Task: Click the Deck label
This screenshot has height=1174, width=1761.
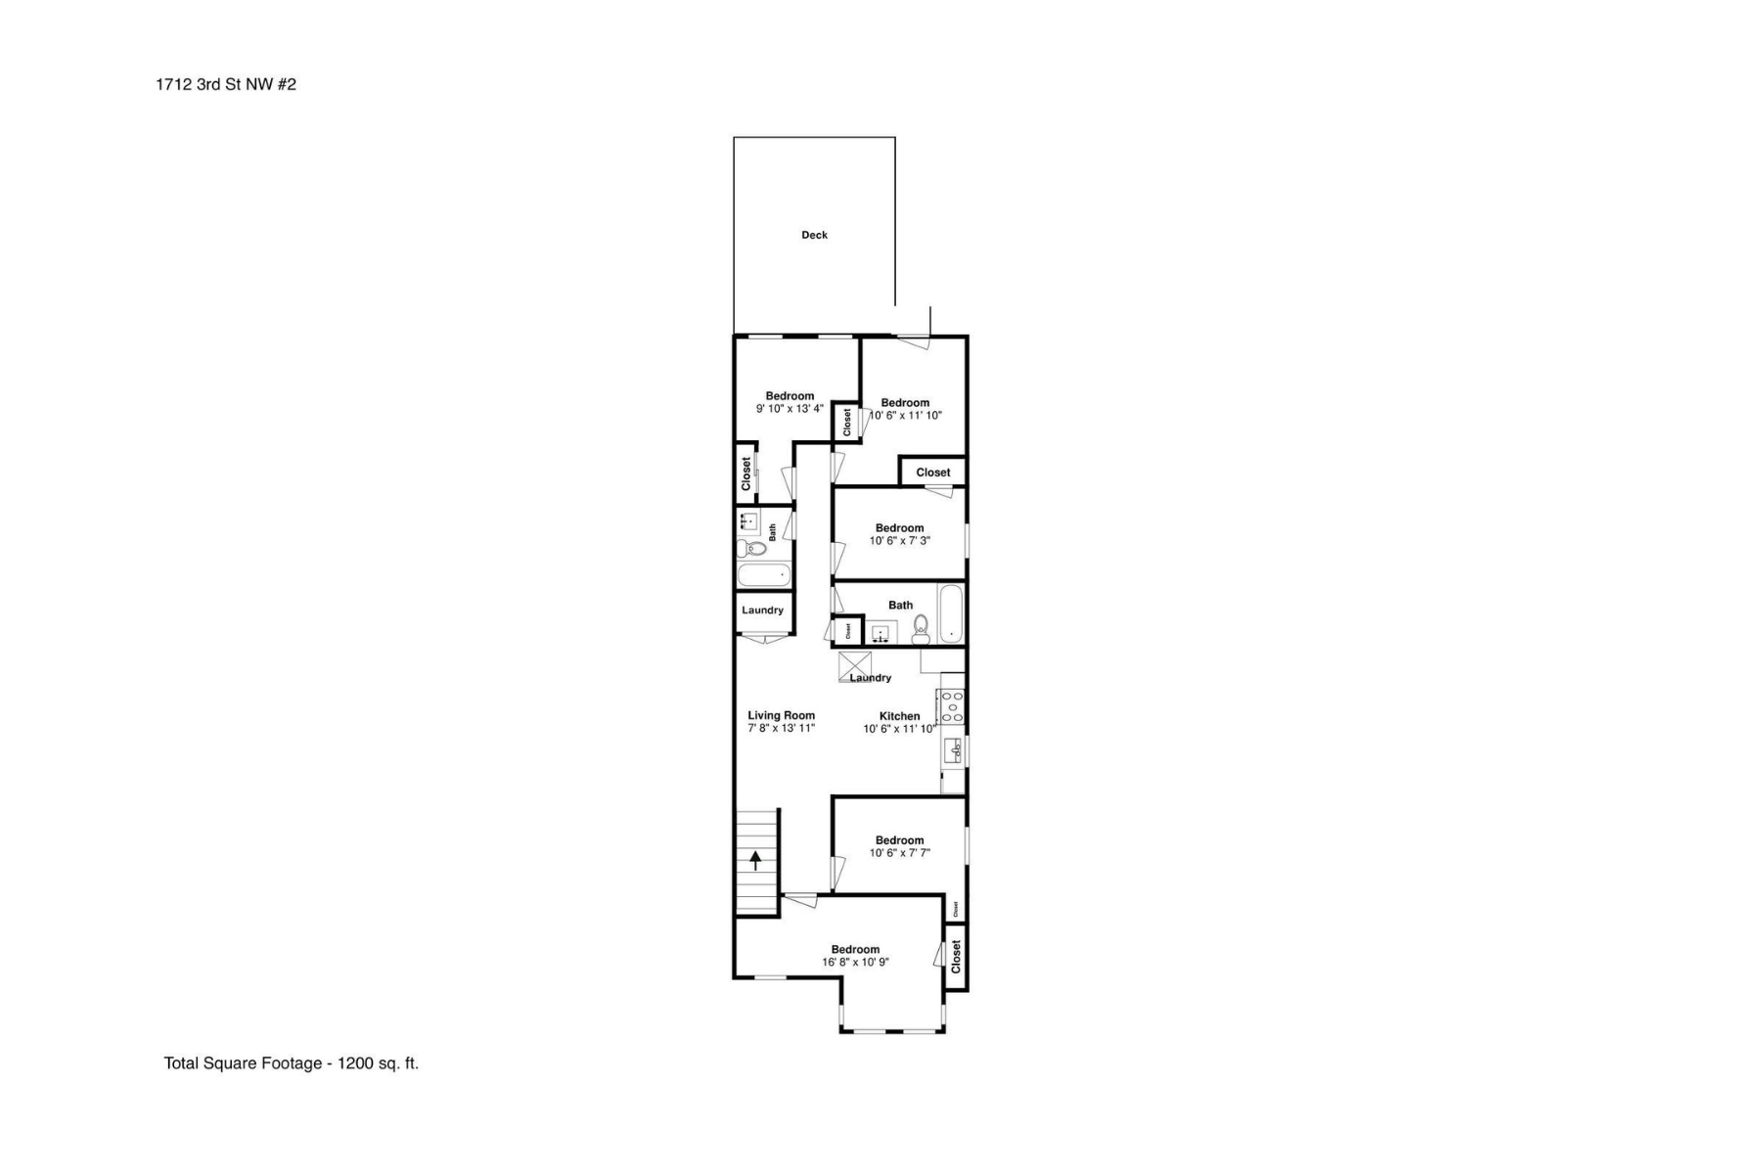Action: [814, 235]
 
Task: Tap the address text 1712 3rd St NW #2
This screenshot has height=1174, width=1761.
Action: [225, 84]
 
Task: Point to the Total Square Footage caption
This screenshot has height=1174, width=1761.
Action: [291, 1063]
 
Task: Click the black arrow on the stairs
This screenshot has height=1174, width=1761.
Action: [755, 860]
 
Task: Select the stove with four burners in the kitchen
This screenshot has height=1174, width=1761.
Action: [952, 706]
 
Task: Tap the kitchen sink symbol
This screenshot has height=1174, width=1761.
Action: [954, 751]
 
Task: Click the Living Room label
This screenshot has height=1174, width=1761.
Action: [781, 715]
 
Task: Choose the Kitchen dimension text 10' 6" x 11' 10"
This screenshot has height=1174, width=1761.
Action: [899, 729]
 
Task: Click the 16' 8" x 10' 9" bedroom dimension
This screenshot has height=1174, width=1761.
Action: [855, 963]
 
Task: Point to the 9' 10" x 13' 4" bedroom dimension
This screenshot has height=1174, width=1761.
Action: [790, 409]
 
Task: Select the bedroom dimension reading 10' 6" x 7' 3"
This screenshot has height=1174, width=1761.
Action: [899, 541]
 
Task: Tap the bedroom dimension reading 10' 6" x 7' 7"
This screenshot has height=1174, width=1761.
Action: [899, 853]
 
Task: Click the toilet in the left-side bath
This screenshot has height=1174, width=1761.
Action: [751, 548]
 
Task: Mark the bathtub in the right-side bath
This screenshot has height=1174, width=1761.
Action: [951, 613]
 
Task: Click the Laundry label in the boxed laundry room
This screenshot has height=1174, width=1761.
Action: [762, 610]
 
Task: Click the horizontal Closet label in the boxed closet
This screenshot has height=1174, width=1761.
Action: [932, 473]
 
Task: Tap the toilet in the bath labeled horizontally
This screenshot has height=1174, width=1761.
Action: [921, 628]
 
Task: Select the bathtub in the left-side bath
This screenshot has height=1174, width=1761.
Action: [763, 575]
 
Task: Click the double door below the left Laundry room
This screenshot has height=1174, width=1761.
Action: [763, 639]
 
